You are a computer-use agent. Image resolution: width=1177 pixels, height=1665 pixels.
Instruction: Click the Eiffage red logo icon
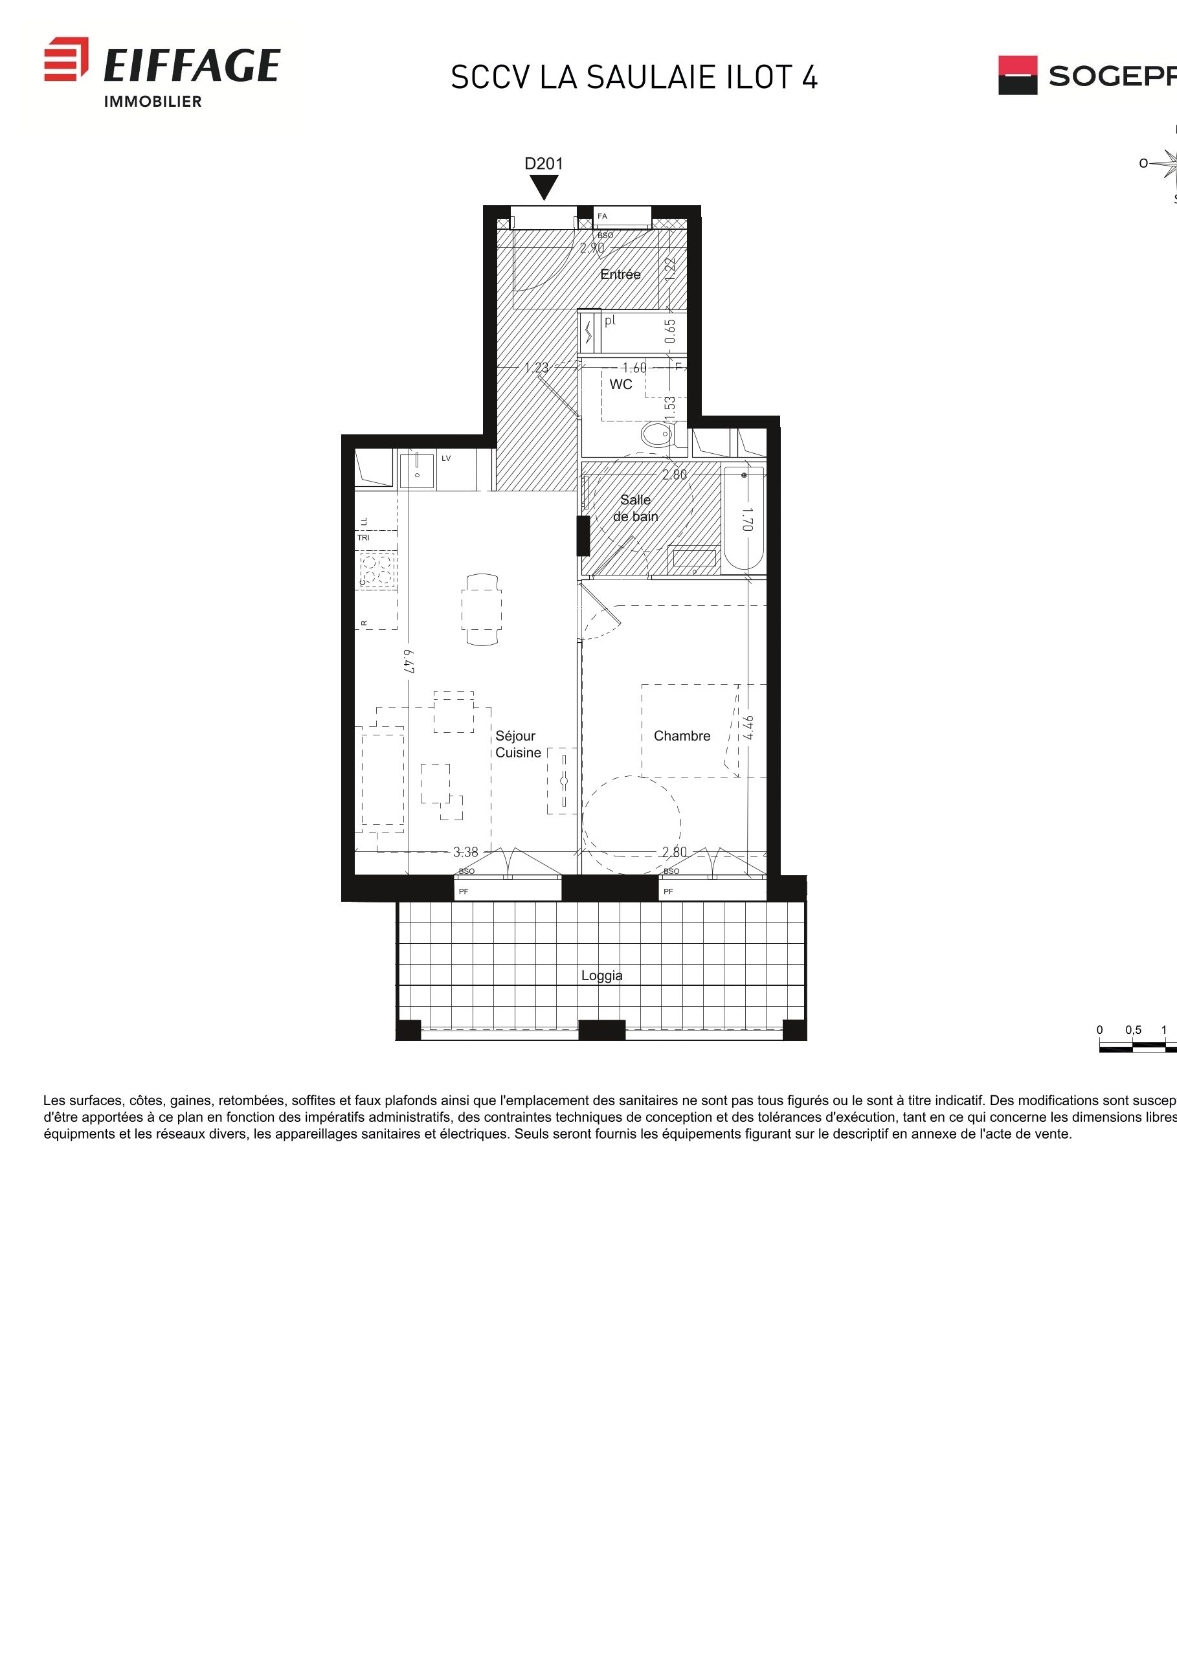pyautogui.click(x=66, y=59)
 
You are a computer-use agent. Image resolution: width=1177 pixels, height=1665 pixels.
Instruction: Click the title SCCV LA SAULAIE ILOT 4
pyautogui.click(x=634, y=78)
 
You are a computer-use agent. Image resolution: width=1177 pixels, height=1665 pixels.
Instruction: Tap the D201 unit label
pyautogui.click(x=543, y=164)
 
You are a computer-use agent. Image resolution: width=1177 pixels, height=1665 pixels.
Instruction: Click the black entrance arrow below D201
pyautogui.click(x=543, y=187)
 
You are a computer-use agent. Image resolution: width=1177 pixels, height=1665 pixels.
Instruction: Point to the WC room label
pyautogui.click(x=620, y=385)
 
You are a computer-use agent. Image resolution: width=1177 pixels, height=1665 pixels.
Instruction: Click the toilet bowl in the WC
pyautogui.click(x=657, y=435)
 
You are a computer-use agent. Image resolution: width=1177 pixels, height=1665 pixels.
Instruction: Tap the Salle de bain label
pyautogui.click(x=635, y=508)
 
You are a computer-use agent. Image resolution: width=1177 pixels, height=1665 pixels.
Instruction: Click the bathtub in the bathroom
pyautogui.click(x=743, y=519)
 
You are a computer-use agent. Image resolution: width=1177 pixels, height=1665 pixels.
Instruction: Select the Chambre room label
pyautogui.click(x=682, y=736)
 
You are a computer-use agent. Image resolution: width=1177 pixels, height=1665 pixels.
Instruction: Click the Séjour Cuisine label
pyautogui.click(x=517, y=744)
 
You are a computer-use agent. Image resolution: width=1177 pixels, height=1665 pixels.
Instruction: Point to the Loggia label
pyautogui.click(x=601, y=976)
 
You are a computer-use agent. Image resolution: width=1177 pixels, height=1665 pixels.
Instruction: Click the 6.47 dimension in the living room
pyautogui.click(x=409, y=661)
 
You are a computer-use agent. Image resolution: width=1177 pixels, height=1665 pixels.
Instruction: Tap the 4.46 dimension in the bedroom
pyautogui.click(x=748, y=728)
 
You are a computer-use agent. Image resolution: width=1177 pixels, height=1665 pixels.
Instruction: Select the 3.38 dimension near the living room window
pyautogui.click(x=465, y=852)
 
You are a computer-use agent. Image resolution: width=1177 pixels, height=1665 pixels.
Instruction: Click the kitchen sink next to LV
pyautogui.click(x=417, y=469)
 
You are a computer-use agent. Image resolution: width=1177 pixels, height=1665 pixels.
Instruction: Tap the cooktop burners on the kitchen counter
pyautogui.click(x=378, y=569)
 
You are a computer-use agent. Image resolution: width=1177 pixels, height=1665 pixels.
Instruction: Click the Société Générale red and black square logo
pyautogui.click(x=1018, y=76)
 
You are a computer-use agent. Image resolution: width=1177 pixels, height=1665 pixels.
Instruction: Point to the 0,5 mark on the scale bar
pyautogui.click(x=1133, y=1030)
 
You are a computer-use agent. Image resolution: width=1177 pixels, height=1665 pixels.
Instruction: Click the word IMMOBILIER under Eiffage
pyautogui.click(x=153, y=102)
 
